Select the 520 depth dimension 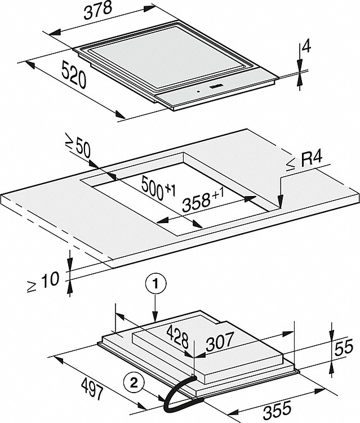click(x=74, y=74)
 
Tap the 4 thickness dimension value click(x=306, y=47)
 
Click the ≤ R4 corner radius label click(x=304, y=161)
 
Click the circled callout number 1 click(x=155, y=284)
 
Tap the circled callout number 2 click(x=134, y=383)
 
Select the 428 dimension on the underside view click(x=177, y=337)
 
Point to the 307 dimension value click(x=219, y=341)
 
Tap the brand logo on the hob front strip click(x=215, y=87)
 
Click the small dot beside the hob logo click(x=198, y=92)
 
